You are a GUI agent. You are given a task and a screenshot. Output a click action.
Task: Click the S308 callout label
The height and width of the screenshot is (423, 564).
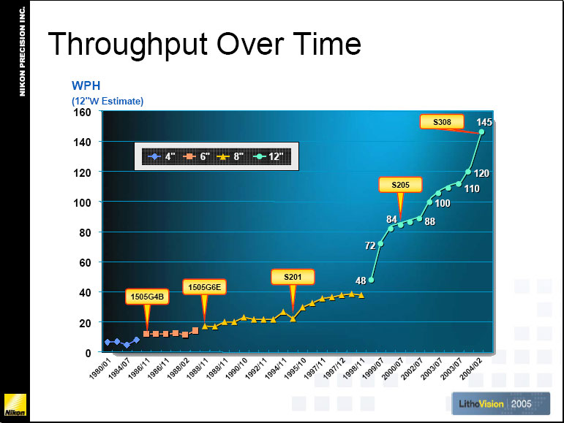pos(442,122)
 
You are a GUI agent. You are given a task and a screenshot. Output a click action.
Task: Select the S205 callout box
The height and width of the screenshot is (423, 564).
pos(400,185)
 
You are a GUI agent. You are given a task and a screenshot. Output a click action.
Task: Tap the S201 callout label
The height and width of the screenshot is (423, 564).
pos(293,277)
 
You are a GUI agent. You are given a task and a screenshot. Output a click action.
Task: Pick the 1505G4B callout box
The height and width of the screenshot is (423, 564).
pos(147,297)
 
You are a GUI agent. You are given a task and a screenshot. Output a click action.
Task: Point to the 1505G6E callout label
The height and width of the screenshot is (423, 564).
pos(204,287)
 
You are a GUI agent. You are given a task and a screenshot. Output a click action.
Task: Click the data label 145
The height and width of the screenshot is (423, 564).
pos(484,123)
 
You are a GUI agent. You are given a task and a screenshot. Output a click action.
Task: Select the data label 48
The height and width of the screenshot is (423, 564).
pos(361,281)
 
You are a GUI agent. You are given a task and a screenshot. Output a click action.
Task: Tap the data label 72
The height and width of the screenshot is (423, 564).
pos(370,245)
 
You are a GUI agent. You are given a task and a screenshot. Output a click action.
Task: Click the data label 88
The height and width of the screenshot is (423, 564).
pos(430,221)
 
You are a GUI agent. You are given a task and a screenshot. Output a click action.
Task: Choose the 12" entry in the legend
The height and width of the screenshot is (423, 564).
pos(268,156)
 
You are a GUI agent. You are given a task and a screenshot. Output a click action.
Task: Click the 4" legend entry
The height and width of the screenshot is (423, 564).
pos(162,156)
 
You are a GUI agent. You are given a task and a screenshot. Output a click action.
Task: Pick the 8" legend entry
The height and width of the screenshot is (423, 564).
pos(230,156)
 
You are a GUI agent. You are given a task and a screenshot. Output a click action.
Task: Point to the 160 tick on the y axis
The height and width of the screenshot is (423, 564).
pos(82,113)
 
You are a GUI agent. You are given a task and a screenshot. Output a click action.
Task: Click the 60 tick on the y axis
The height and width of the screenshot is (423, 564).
pos(85,262)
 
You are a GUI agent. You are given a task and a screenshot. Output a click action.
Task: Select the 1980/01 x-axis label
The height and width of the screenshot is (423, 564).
pos(99,368)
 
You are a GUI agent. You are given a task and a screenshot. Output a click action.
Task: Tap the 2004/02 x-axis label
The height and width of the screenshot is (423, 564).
pos(470,369)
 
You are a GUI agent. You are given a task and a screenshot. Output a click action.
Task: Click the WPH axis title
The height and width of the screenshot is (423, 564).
pos(86,85)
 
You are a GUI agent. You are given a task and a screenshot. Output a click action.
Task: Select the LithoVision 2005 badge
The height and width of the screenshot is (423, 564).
pos(500,403)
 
